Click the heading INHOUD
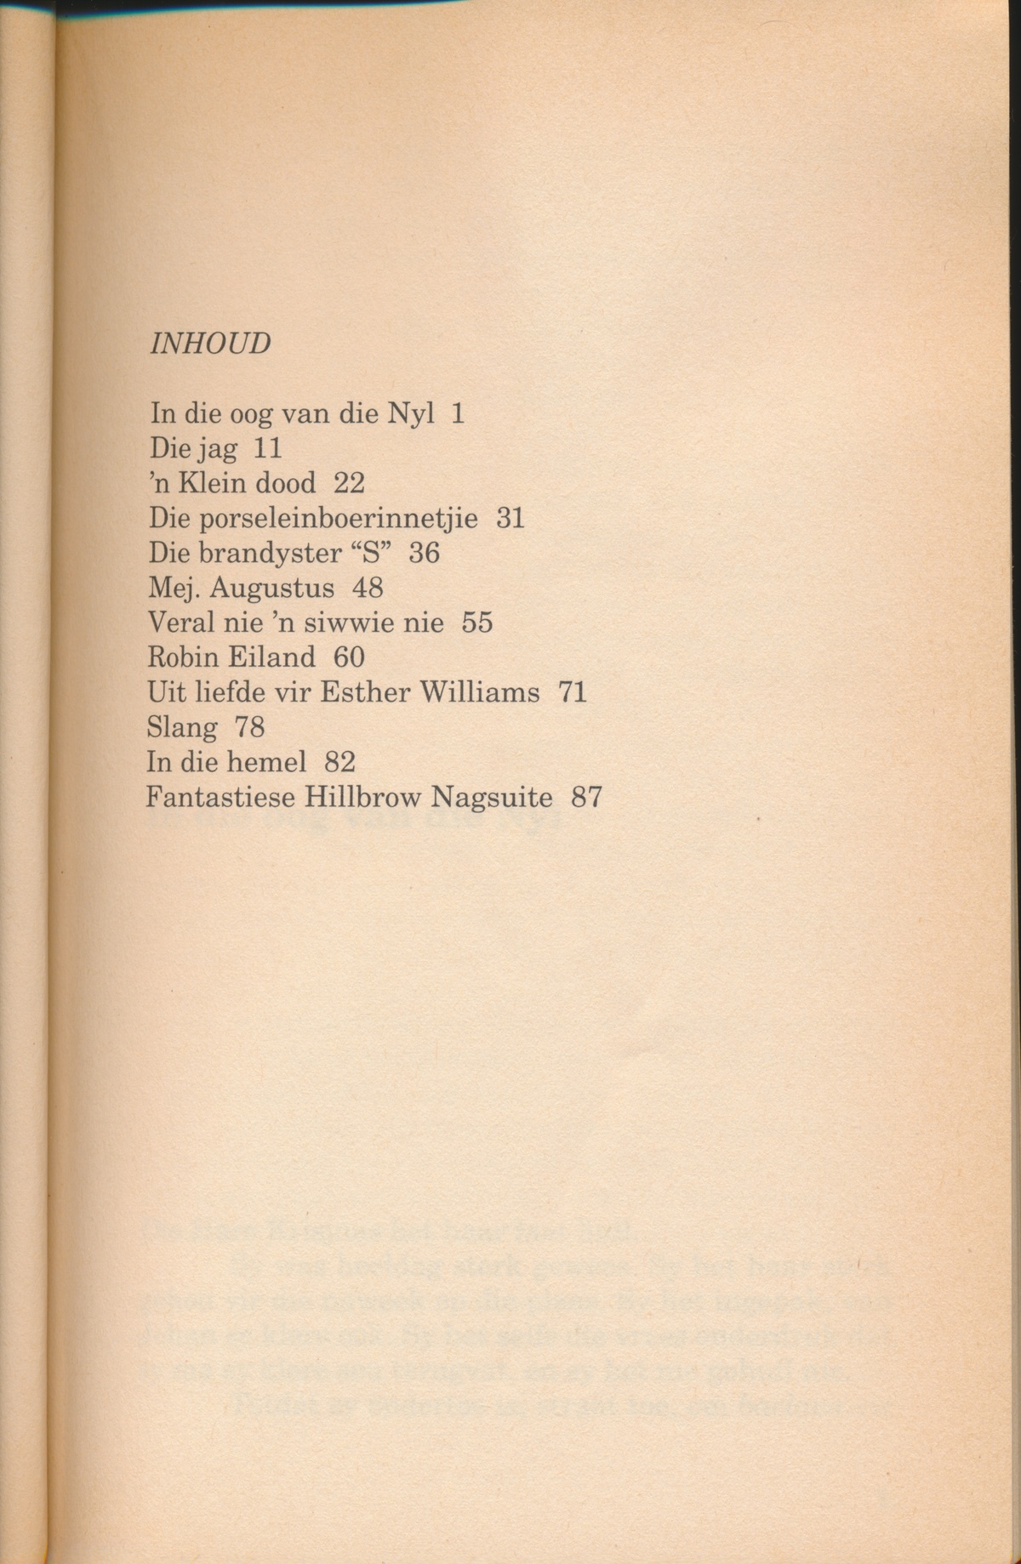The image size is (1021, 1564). [210, 344]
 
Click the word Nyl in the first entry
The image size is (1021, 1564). [411, 414]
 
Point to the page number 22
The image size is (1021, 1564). [349, 484]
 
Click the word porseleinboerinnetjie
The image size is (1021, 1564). [338, 519]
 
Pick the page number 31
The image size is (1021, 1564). [510, 519]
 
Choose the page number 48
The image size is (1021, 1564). [368, 589]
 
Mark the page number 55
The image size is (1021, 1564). [477, 623]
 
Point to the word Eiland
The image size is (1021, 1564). [270, 657]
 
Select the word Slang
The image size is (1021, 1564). [181, 728]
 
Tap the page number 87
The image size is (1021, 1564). [587, 797]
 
